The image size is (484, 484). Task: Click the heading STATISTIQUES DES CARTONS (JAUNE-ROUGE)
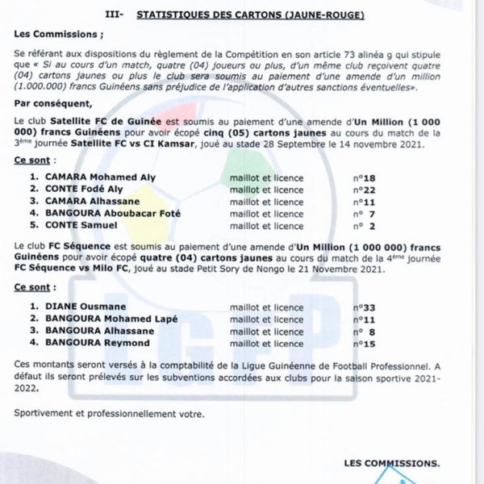click(252, 14)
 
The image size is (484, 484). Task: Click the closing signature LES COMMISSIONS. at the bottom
click(391, 464)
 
